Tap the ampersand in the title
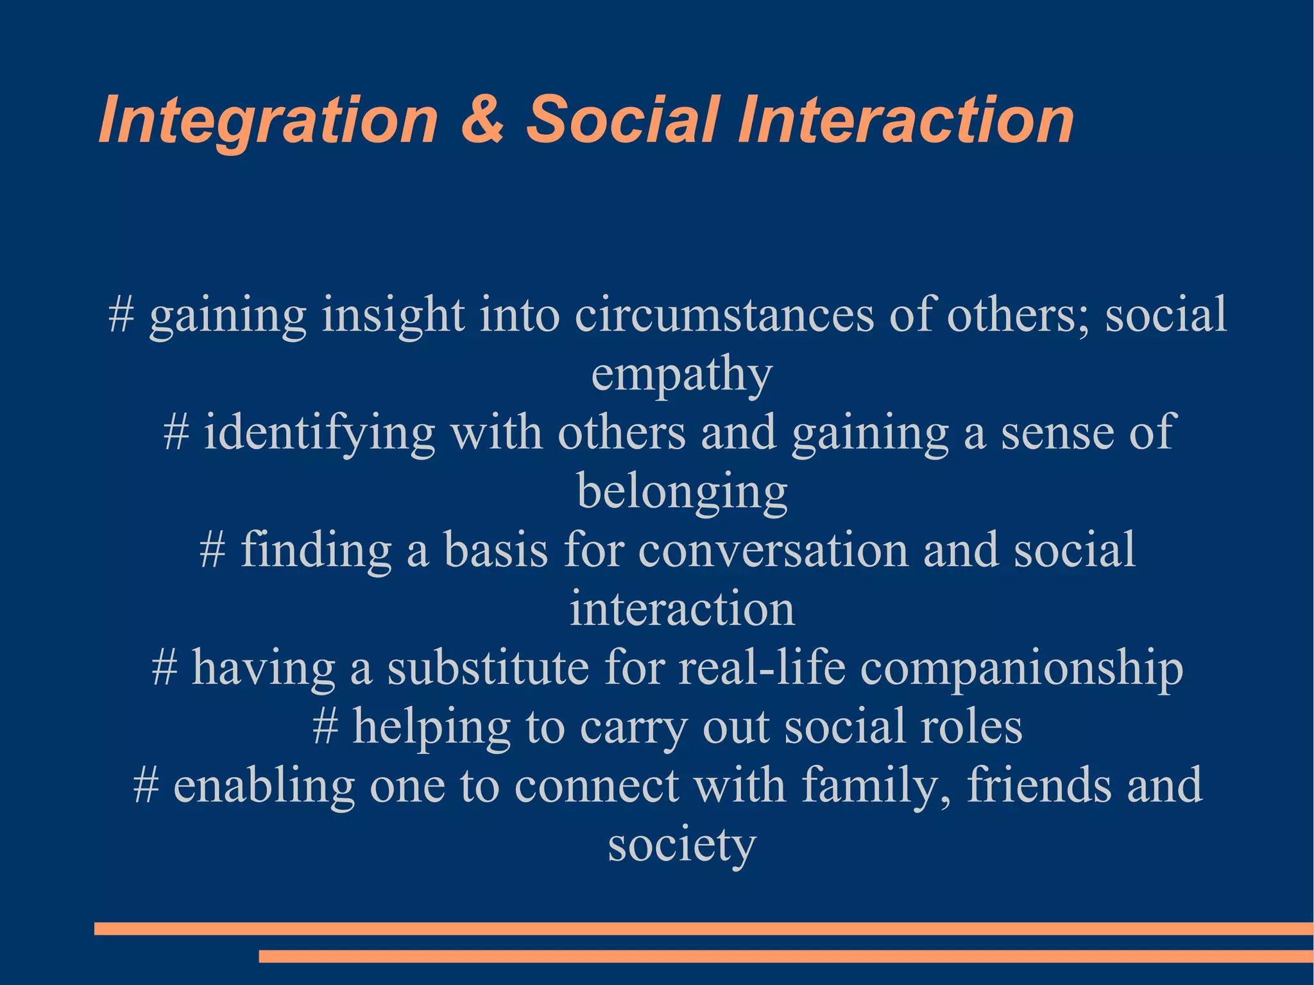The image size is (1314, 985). tap(482, 119)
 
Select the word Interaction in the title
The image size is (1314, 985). tap(905, 119)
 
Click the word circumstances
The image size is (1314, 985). tap(724, 314)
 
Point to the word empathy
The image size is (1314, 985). tap(681, 375)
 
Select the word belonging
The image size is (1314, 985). tap(682, 492)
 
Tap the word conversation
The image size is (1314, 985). tap(773, 551)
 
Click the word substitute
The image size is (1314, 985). tap(488, 668)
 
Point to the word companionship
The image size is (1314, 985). tap(1021, 668)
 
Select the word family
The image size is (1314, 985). tap(876, 785)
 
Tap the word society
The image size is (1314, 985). tap(682, 845)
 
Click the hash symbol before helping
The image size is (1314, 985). tap(325, 728)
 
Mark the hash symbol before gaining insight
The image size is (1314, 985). tap(121, 316)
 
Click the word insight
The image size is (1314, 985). tap(393, 314)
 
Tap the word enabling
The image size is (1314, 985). tap(264, 785)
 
